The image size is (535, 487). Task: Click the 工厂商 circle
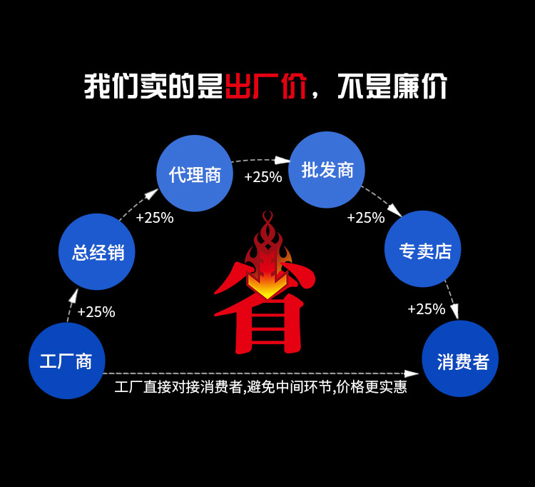(66, 361)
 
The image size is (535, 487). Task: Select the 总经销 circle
(97, 251)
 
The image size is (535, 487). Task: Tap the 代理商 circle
(195, 174)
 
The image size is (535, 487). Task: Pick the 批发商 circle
(327, 170)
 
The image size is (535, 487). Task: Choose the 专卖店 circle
(423, 249)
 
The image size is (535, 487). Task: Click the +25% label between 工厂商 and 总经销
(96, 312)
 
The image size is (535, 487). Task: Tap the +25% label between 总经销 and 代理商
(155, 218)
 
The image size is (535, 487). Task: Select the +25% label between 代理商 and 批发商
(263, 177)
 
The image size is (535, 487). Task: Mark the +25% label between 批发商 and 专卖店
(366, 218)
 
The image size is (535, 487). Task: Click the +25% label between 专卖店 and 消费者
(427, 309)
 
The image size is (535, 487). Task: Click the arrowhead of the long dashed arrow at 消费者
(412, 373)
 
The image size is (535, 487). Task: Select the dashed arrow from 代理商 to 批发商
(261, 161)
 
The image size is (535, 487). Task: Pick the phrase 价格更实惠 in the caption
(371, 388)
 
